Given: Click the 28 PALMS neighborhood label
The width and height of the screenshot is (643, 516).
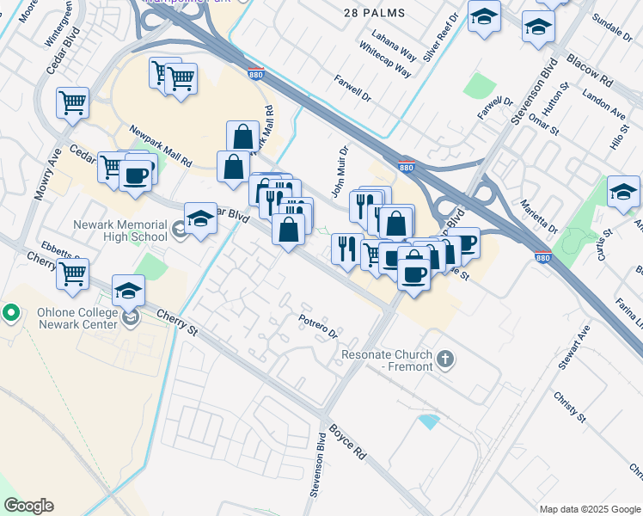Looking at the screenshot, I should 374,13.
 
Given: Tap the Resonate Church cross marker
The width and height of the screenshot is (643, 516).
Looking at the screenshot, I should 444,359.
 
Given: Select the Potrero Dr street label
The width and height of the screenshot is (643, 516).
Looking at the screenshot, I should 319,326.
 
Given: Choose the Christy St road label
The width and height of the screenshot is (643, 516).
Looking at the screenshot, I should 570,406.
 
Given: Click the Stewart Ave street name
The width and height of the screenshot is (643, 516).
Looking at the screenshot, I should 573,347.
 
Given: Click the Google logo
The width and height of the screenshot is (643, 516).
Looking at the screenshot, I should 28,506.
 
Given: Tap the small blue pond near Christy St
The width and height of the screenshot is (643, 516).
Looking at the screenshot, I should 427,421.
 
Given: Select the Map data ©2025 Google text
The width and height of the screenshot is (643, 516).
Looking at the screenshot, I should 590,509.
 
